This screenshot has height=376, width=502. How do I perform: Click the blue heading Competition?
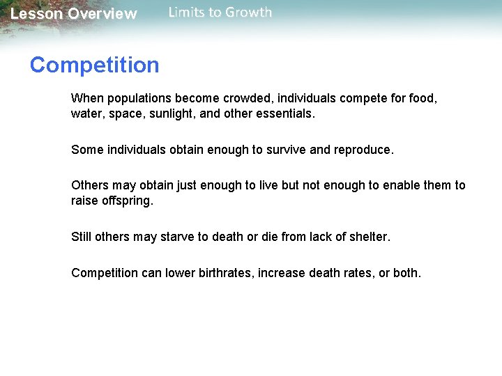(x=94, y=65)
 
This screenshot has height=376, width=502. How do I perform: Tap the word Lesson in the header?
(x=36, y=14)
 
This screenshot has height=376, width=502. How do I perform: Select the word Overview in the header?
(x=102, y=14)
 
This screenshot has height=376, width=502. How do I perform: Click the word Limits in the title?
(x=188, y=13)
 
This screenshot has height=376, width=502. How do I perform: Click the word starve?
(x=177, y=237)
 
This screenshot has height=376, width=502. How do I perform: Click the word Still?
(x=82, y=237)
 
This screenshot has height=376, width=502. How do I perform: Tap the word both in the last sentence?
(x=406, y=273)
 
